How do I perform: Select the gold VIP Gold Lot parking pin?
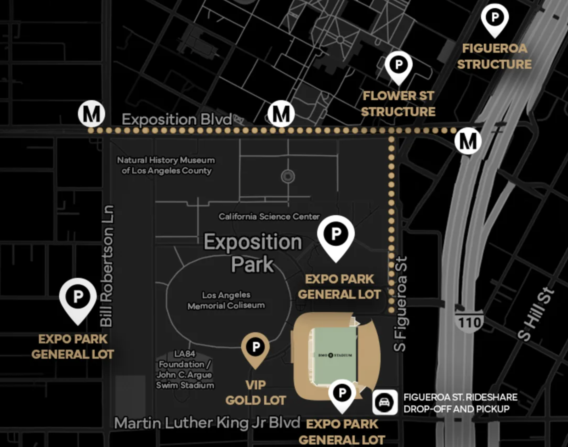click(255, 347)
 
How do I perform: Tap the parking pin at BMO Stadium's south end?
click(342, 393)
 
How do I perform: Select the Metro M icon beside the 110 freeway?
click(468, 141)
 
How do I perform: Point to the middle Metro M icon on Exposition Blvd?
click(281, 114)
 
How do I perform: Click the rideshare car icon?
click(385, 402)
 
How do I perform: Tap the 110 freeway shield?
click(469, 322)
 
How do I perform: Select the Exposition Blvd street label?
click(177, 120)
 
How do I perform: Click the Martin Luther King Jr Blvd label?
click(207, 423)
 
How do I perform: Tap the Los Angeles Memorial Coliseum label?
click(226, 300)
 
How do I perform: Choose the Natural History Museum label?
click(166, 165)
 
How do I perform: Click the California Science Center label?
click(269, 217)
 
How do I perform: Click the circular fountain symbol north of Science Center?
click(288, 177)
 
